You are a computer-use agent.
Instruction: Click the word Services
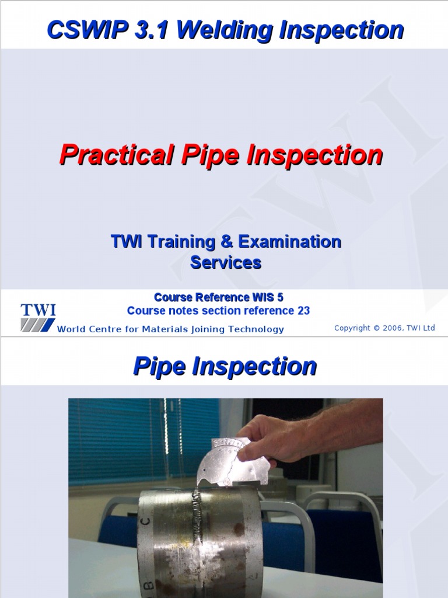pos(226,263)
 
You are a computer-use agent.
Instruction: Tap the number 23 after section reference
pos(303,311)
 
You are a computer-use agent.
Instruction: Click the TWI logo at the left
pos(38,317)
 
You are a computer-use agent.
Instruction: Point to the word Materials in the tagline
pos(164,329)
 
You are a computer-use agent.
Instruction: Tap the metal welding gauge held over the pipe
pos(233,461)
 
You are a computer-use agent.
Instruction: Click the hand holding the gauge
pos(280,438)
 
